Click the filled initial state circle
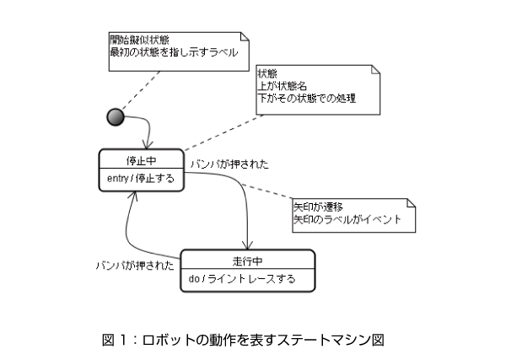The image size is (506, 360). pos(116,117)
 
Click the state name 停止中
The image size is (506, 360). pos(142,160)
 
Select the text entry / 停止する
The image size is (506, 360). pos(141,178)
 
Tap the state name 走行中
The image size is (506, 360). pos(247,261)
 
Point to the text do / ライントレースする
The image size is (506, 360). pos(242,279)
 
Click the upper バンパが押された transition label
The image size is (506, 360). pos(229,164)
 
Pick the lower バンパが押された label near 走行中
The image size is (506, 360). pos(135,266)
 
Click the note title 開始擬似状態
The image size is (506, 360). pos(139,40)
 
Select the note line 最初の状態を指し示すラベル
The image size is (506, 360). pos(175,52)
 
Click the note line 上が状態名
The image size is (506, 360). pos(282,86)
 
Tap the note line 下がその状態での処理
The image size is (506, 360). pos(307,98)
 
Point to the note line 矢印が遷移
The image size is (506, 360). pos(318,207)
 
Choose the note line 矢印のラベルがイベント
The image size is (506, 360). pos(347,220)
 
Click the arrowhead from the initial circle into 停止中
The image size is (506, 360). pos(148,146)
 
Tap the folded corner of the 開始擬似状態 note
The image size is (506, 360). pos(245,36)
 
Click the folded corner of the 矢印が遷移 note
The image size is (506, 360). pos(411,203)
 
